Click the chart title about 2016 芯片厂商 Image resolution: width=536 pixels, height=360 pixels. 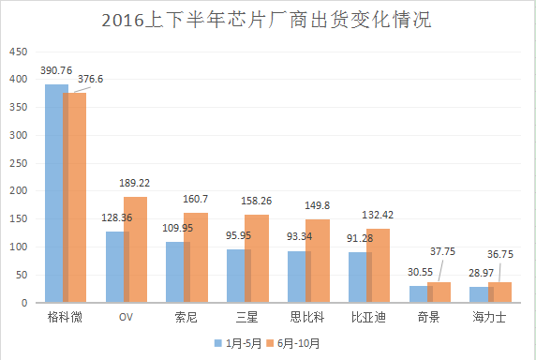pos(267,20)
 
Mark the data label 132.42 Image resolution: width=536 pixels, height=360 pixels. pos(377,216)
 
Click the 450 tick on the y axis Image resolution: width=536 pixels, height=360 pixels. pos(18,51)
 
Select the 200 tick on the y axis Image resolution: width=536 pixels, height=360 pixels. pos(18,190)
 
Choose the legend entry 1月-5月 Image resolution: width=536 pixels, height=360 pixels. pos(238,344)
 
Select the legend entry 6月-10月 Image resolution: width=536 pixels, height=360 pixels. pos(299,344)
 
